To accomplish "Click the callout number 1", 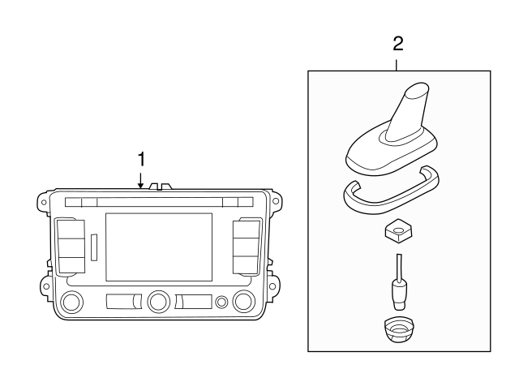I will pyautogui.click(x=141, y=157).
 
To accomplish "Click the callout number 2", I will pyautogui.click(x=397, y=42).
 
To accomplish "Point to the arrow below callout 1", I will pyautogui.click(x=141, y=180).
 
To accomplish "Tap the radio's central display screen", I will pyautogui.click(x=159, y=247).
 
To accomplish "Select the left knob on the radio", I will pyautogui.click(x=71, y=303).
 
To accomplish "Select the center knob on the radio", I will pyautogui.click(x=158, y=303).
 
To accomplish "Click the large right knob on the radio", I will pyautogui.click(x=242, y=303).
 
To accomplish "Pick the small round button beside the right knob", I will pyautogui.click(x=221, y=303).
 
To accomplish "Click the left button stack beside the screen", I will pyautogui.click(x=71, y=245).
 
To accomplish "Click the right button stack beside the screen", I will pyautogui.click(x=245, y=245).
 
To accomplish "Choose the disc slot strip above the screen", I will pyautogui.click(x=159, y=202).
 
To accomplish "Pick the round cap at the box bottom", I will pyautogui.click(x=397, y=328).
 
